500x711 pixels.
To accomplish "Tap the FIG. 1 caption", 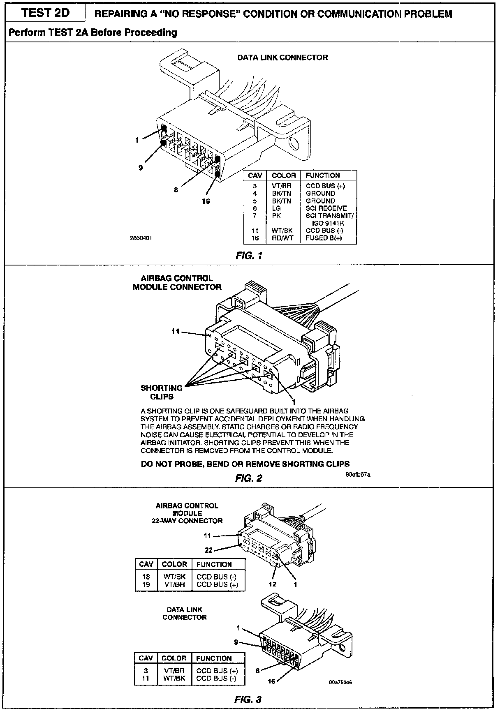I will tap(249, 256).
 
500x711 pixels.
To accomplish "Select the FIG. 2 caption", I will tap(248, 478).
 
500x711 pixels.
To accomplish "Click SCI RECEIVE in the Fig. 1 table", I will tap(326, 208).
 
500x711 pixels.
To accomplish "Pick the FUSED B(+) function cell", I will tap(324, 238).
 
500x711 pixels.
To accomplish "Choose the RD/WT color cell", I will tap(282, 238).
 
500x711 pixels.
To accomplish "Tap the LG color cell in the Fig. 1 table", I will tap(276, 208).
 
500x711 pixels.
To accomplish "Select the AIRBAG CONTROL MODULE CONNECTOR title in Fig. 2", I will tap(177, 283).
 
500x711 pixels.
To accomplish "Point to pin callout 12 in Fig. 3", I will tap(272, 584).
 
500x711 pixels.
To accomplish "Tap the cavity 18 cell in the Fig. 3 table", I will tap(146, 577).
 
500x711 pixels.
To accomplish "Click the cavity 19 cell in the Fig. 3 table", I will tap(146, 584).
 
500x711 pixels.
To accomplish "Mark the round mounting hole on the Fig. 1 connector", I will tap(294, 143).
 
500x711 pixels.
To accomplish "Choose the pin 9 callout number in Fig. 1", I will tap(141, 167).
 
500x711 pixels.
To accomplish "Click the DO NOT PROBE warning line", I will tap(245, 464).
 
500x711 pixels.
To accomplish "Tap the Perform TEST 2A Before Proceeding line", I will tap(93, 32).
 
